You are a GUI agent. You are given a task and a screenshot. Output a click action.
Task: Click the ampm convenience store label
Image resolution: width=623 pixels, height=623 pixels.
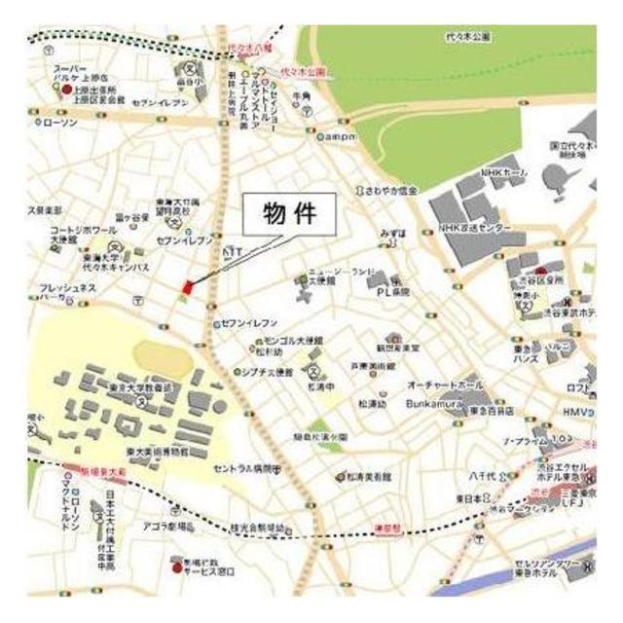click(x=342, y=136)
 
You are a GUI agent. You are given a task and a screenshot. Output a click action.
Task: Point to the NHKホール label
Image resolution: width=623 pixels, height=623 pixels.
click(x=503, y=172)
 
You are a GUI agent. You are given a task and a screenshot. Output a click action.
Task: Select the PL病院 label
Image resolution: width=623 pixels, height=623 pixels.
click(x=393, y=291)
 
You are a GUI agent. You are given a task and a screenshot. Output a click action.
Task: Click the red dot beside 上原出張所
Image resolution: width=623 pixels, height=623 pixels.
click(x=66, y=90)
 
